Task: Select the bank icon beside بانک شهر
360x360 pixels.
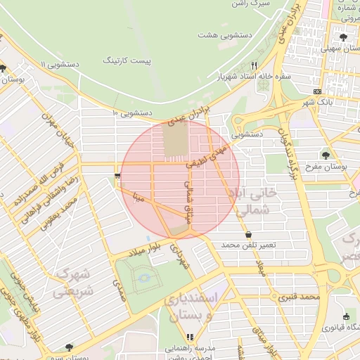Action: (x=317, y=92)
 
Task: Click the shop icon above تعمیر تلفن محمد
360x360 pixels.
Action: (x=248, y=234)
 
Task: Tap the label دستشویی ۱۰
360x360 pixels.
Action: (x=132, y=112)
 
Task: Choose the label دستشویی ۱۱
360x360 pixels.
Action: (x=60, y=64)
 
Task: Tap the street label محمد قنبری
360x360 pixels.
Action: (x=299, y=297)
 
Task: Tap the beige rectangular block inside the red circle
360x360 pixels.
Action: (x=176, y=139)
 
